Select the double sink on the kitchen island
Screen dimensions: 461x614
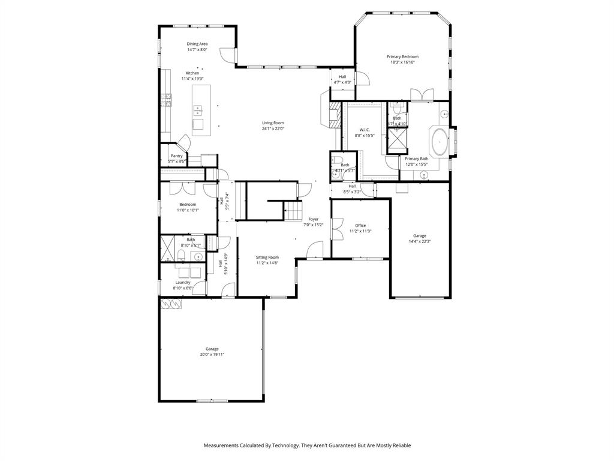[197, 110]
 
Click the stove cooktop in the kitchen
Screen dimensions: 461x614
[166, 100]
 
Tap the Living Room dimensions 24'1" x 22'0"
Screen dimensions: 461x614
[273, 128]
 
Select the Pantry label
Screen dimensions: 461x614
[176, 156]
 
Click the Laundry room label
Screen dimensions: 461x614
[183, 282]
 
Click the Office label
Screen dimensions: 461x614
[360, 226]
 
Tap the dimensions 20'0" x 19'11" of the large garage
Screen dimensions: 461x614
[212, 355]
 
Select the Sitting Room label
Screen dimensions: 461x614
[267, 257]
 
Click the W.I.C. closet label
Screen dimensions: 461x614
[365, 130]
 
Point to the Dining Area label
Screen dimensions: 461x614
[197, 44]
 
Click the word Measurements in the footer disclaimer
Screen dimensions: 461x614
[222, 445]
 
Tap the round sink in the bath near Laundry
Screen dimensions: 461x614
[198, 256]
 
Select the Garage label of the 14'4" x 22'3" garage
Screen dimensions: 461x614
[420, 236]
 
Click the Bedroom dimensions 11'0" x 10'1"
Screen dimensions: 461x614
[188, 210]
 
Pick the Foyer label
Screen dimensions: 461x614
[314, 219]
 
